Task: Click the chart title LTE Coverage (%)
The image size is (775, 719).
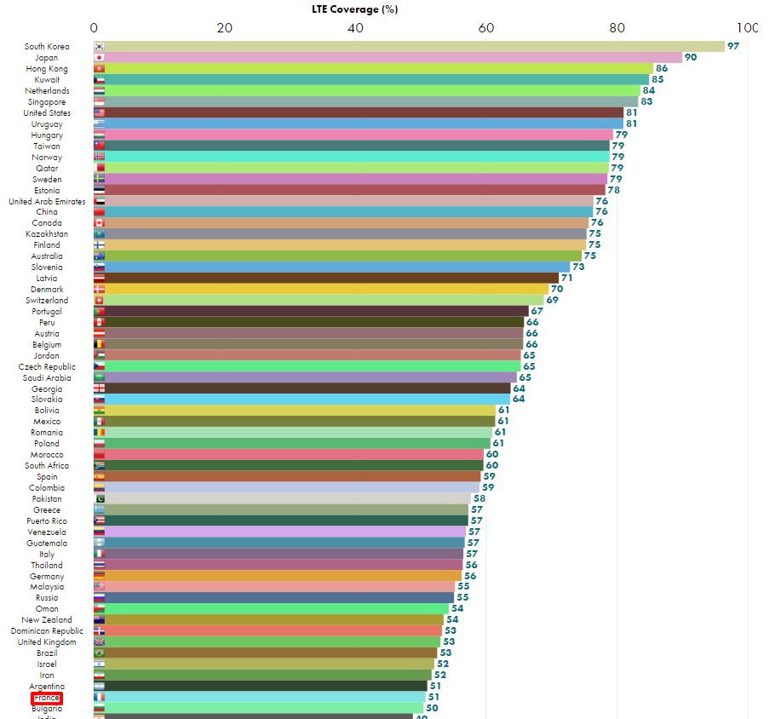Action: tap(354, 9)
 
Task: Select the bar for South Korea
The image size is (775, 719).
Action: tap(409, 46)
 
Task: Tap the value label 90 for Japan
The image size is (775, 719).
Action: tap(691, 57)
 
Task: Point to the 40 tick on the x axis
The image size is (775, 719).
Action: tap(356, 27)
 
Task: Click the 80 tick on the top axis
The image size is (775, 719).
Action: tap(617, 27)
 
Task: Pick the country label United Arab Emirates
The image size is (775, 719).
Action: tap(47, 201)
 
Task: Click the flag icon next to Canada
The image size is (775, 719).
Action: tap(99, 223)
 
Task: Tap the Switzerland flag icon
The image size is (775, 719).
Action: tap(99, 301)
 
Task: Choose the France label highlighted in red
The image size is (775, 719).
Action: tap(47, 698)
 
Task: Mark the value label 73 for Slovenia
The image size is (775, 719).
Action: tap(578, 267)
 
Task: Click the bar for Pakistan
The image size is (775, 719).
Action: tap(282, 498)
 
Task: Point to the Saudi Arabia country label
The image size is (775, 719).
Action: tap(47, 377)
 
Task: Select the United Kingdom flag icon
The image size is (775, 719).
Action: tap(99, 642)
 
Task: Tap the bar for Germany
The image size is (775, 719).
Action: tap(277, 576)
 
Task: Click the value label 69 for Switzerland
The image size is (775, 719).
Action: tap(553, 300)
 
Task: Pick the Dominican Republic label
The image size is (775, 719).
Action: tap(47, 631)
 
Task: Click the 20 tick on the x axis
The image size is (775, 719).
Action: tap(225, 27)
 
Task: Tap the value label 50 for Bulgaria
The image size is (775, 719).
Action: tap(432, 708)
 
